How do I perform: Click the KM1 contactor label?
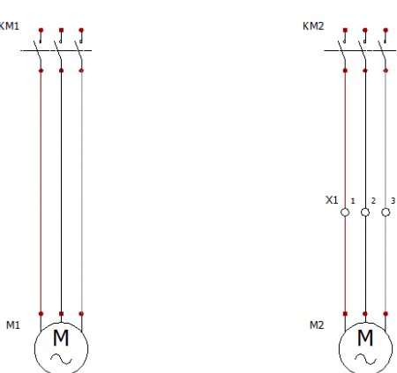click(10, 26)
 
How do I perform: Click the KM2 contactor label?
click(313, 26)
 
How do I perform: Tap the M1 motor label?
click(13, 325)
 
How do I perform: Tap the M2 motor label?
click(317, 325)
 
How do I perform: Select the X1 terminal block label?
click(332, 200)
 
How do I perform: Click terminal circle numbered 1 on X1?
click(345, 213)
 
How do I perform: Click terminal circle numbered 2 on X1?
click(365, 213)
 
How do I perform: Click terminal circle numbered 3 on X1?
click(386, 213)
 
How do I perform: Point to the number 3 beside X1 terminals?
click(393, 201)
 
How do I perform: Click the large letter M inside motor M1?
click(61, 338)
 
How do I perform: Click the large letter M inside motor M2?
click(365, 338)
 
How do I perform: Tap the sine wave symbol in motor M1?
click(61, 359)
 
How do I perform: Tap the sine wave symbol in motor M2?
click(365, 359)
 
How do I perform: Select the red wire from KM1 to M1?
click(41, 192)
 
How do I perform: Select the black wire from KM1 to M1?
click(61, 192)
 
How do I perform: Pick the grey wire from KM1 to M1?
click(81, 192)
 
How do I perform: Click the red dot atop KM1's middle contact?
click(61, 30)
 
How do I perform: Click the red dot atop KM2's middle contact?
click(365, 30)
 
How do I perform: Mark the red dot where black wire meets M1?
click(61, 314)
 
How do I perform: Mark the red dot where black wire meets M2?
click(365, 314)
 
